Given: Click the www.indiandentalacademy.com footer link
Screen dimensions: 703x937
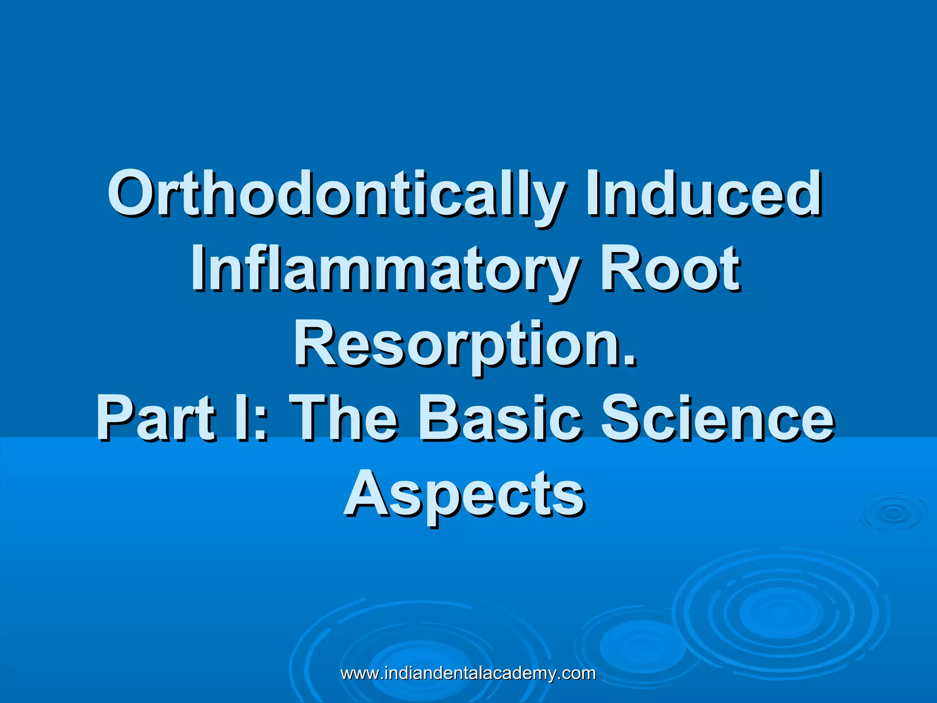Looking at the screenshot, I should pos(468,673).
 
